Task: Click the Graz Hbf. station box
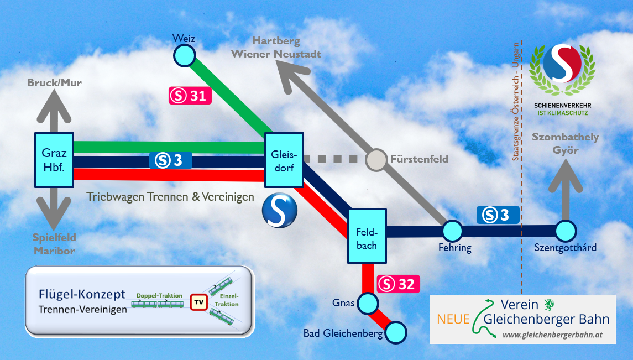tap(54, 160)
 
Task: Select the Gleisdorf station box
tap(284, 160)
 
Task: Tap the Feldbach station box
tap(367, 236)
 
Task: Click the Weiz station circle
tap(184, 55)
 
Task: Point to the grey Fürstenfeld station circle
tap(376, 159)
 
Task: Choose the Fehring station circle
tap(452, 231)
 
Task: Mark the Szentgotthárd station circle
tap(566, 231)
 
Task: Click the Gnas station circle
tap(368, 303)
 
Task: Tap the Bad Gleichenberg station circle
tap(396, 332)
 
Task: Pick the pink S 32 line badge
tap(399, 284)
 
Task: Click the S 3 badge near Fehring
tap(498, 215)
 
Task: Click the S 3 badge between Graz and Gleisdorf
tap(170, 160)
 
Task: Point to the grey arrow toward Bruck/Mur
tap(54, 105)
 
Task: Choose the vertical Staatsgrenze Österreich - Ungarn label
tap(516, 102)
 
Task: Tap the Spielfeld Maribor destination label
tap(53, 244)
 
